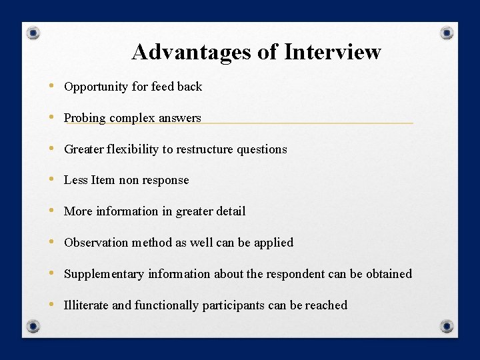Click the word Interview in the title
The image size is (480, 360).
pos(333,52)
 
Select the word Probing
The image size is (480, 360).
pos(85,118)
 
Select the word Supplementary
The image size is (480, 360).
pos(104,274)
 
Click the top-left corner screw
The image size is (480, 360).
pos(33,33)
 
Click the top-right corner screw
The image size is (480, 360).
pos(447,33)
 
